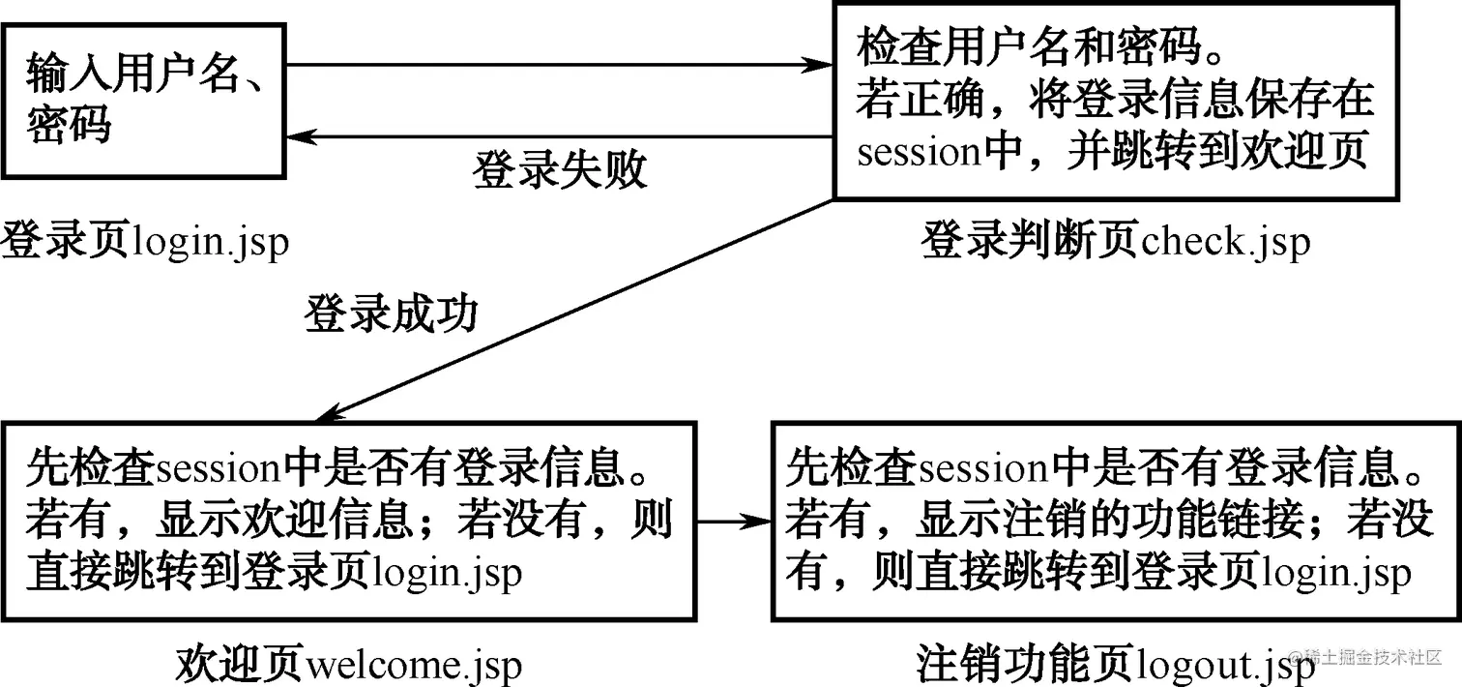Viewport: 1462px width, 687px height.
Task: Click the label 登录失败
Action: coord(559,170)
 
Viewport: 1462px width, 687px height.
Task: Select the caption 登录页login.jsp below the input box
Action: coord(145,240)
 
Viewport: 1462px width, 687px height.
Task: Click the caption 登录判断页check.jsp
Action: coord(1115,240)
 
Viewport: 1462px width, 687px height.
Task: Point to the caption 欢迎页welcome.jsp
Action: coord(348,665)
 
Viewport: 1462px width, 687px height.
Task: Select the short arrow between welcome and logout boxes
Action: coord(732,522)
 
